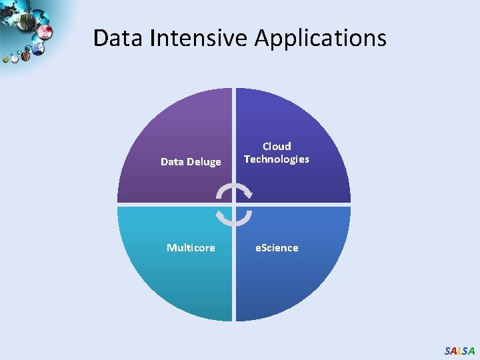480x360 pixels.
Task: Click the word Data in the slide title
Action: point(119,37)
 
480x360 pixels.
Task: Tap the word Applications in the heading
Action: point(320,37)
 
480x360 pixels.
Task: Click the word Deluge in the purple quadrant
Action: point(204,162)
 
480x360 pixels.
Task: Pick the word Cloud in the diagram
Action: point(277,146)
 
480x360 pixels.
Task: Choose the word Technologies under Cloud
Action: point(277,159)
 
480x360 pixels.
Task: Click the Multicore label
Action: point(191,247)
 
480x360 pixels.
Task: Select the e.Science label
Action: point(277,247)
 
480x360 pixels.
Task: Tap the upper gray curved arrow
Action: point(235,191)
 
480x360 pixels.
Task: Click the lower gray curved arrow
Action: point(234,218)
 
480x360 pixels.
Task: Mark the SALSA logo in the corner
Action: point(459,351)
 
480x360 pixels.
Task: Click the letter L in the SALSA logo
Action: point(459,351)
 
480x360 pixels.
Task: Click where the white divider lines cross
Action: point(234,204)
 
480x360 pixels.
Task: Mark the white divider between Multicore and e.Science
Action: point(234,280)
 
